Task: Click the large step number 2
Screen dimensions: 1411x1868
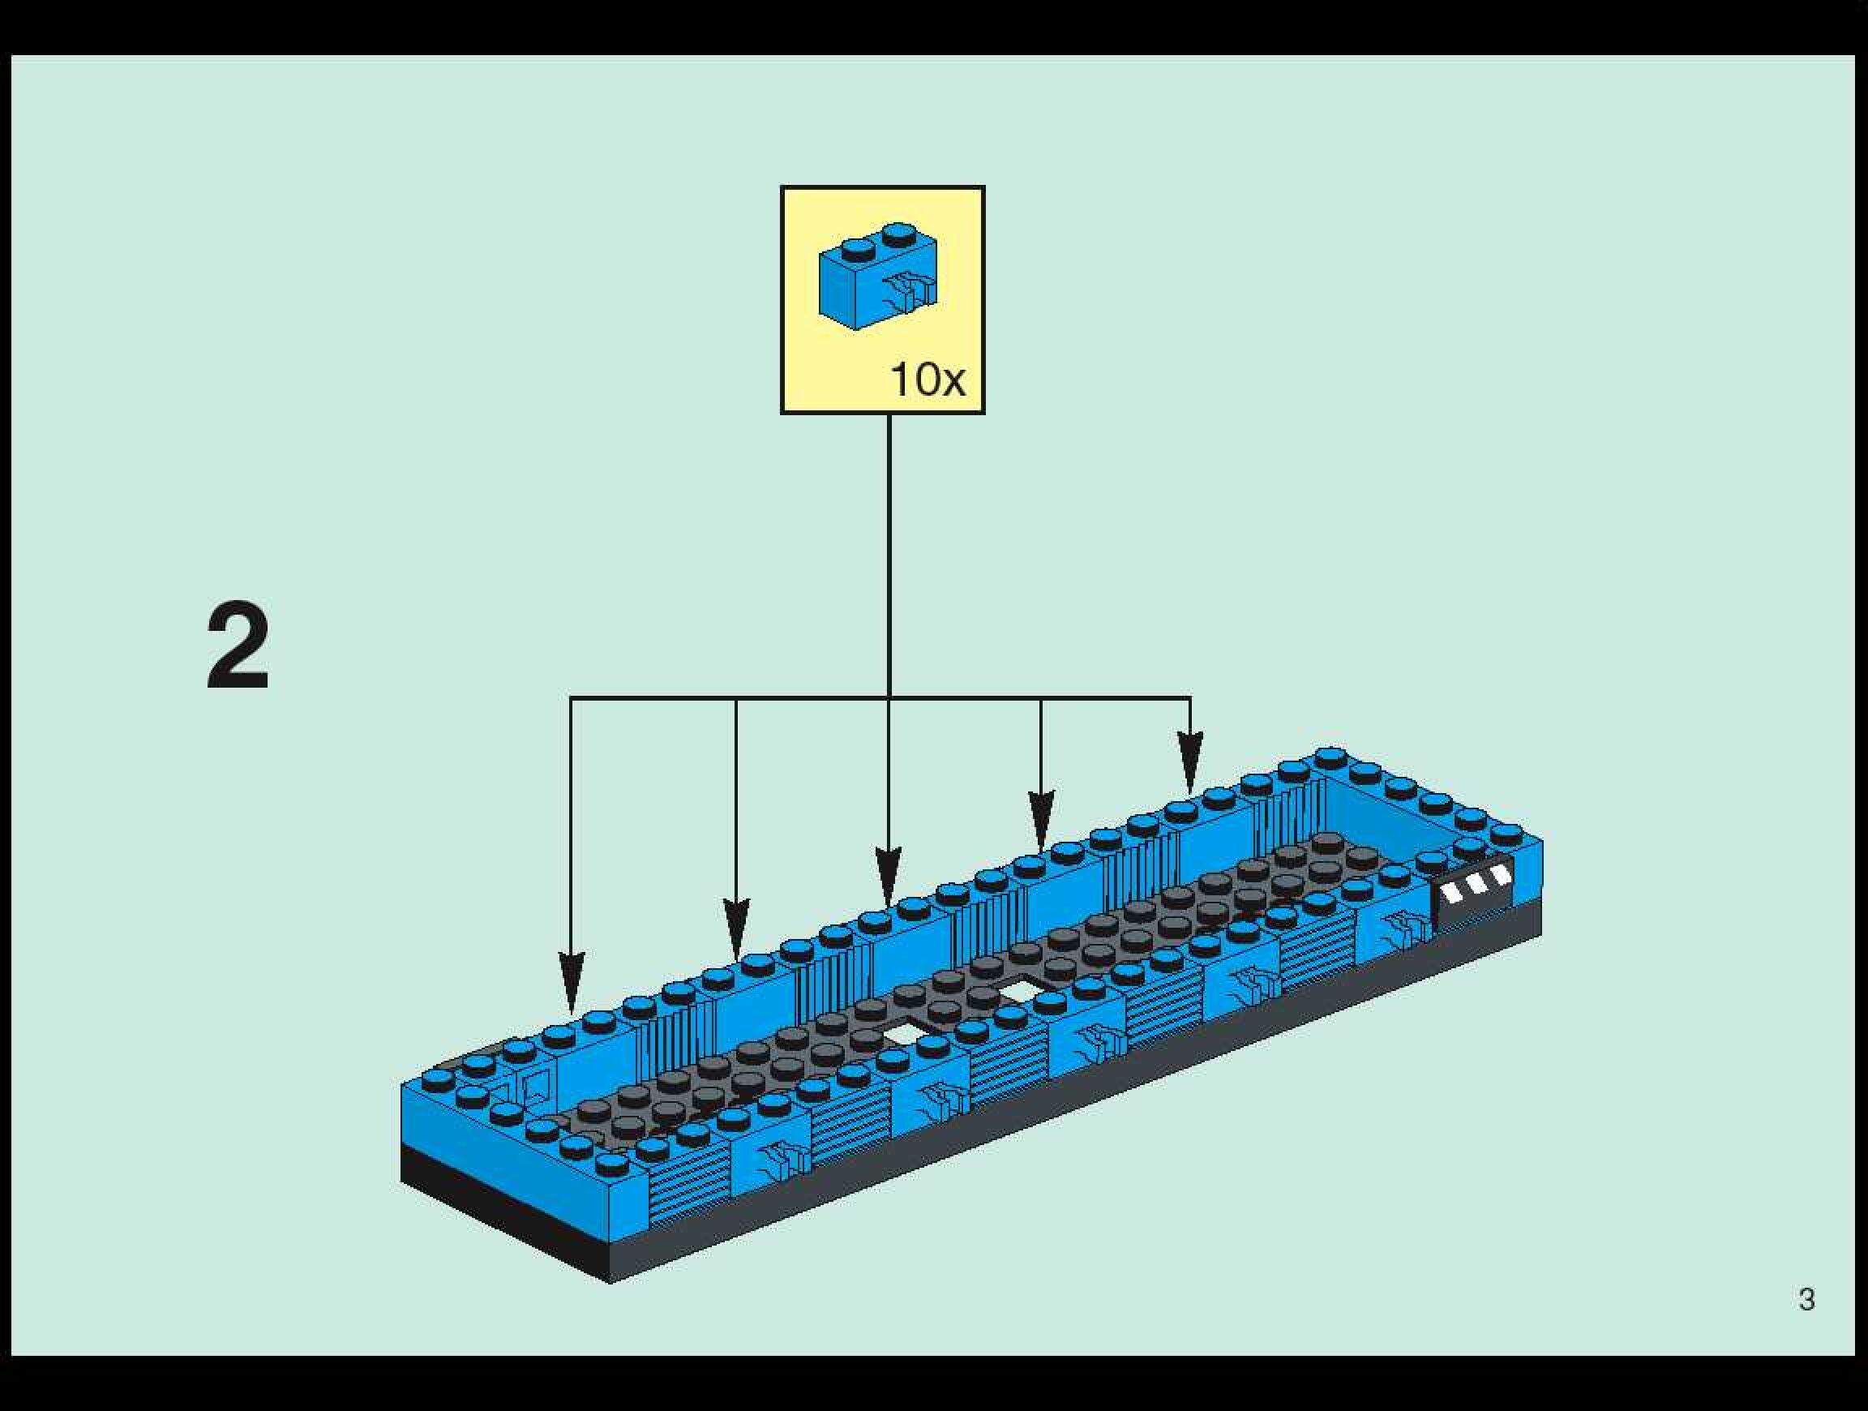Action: [238, 646]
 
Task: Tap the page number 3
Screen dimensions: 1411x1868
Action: [1806, 1300]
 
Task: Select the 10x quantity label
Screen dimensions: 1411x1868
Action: [928, 381]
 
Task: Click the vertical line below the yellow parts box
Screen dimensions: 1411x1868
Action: [889, 549]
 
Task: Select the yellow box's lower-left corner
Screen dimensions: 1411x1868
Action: [783, 411]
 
